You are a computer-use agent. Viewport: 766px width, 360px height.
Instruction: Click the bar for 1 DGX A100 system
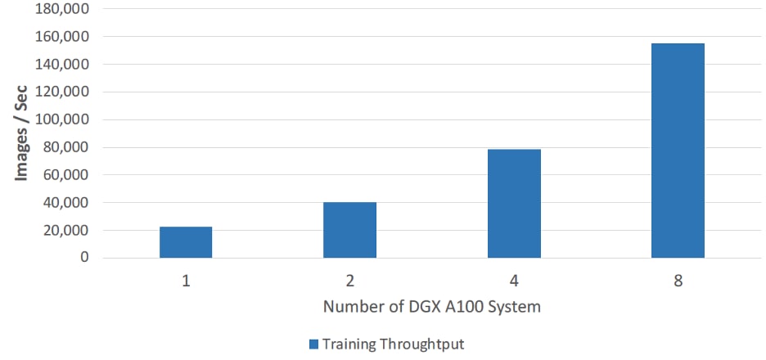[186, 242]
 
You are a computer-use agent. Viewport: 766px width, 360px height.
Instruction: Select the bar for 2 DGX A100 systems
[349, 230]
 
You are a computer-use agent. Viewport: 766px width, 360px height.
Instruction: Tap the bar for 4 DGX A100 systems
[514, 204]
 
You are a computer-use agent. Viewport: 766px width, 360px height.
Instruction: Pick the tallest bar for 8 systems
[678, 151]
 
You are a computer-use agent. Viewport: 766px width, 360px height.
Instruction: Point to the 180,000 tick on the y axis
[63, 9]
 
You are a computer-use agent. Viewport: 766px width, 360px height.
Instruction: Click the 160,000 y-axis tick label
[63, 37]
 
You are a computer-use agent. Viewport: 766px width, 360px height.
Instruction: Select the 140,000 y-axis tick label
[63, 65]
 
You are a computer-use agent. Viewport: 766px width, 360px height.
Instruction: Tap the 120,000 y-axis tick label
[63, 92]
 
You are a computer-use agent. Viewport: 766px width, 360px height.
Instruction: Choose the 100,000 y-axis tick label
[63, 120]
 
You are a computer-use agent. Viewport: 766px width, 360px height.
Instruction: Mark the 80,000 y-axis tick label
[66, 148]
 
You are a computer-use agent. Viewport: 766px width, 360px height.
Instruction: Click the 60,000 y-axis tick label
[66, 175]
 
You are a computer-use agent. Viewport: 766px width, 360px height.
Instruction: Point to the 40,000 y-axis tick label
[66, 203]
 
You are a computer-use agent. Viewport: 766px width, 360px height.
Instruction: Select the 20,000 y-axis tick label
[66, 231]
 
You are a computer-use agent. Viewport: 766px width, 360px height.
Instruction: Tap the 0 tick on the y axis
[83, 259]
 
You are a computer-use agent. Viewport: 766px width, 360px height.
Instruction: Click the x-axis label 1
[186, 281]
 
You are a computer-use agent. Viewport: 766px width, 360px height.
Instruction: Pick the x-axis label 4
[514, 281]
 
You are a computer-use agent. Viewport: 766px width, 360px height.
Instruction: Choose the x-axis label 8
[678, 281]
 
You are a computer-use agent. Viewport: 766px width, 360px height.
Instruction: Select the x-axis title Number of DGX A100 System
[431, 308]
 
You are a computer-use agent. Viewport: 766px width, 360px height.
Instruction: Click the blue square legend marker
[313, 344]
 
